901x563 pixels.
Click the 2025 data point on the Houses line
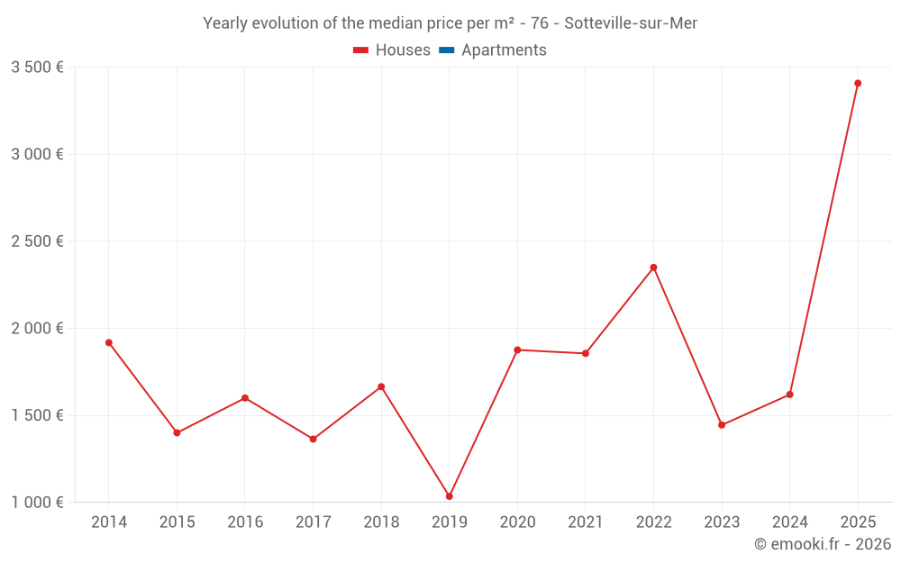tap(858, 83)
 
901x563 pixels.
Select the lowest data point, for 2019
tap(450, 496)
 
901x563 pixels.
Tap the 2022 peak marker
tap(654, 268)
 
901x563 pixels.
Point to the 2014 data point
tap(109, 342)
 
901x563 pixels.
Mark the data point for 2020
tap(517, 350)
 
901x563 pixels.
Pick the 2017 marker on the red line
tap(314, 440)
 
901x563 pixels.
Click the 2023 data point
tap(722, 425)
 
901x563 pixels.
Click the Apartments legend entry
tap(504, 50)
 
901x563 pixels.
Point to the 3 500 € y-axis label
tap(38, 67)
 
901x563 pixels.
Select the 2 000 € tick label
tap(38, 329)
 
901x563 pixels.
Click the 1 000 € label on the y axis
tap(38, 503)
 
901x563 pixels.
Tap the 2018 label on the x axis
tap(381, 522)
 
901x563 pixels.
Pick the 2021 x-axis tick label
tap(586, 522)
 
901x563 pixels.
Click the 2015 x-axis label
tap(177, 522)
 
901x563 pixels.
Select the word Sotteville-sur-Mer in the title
tap(631, 23)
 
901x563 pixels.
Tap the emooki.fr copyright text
tap(823, 544)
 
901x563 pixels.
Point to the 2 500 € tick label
tap(38, 241)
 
